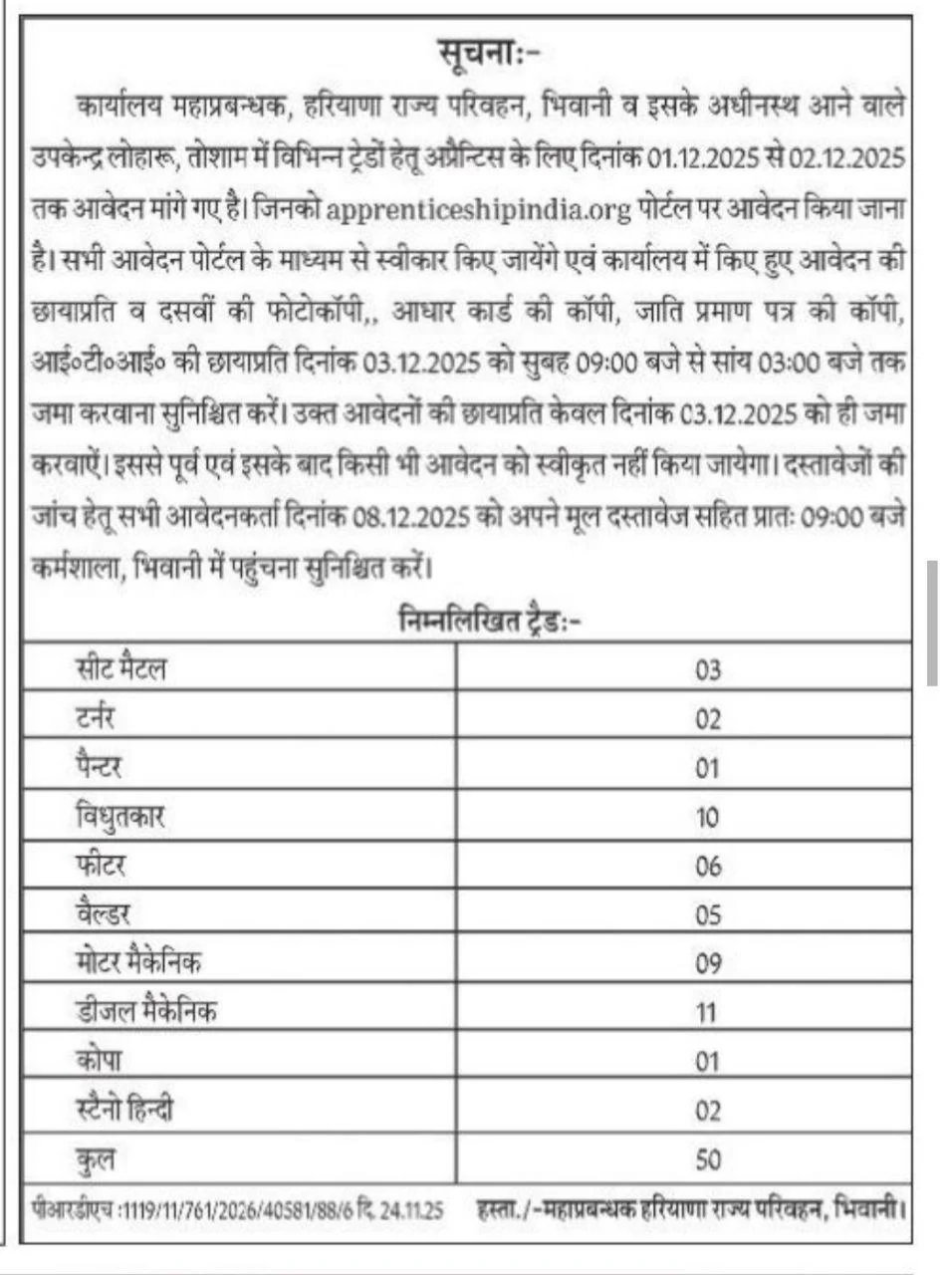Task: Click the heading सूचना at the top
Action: [x=489, y=51]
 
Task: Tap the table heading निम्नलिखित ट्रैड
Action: [x=488, y=622]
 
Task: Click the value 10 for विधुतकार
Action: [x=707, y=817]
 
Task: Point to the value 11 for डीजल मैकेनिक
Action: [x=707, y=1013]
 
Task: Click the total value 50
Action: [x=707, y=1158]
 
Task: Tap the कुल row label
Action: [x=96, y=1158]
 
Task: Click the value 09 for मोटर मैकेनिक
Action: [x=707, y=963]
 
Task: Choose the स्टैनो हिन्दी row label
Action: [x=124, y=1110]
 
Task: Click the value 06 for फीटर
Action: [x=707, y=866]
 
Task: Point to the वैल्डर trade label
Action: [x=103, y=914]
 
